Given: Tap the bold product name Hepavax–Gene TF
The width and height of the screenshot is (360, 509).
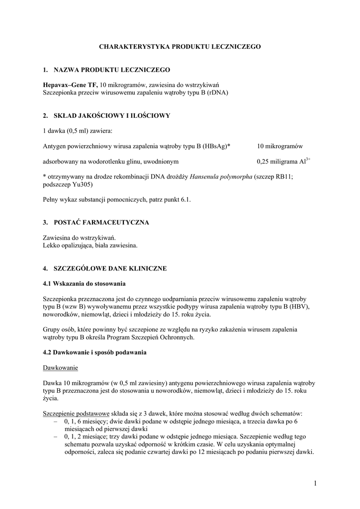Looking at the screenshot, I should tap(70, 85).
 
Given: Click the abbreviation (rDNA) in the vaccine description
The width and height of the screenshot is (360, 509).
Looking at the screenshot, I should tap(218, 92).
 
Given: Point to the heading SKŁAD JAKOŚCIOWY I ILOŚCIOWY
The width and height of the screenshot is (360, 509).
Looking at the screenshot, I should tap(112, 115).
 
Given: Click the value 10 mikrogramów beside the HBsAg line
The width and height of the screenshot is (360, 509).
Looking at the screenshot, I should tap(280, 146).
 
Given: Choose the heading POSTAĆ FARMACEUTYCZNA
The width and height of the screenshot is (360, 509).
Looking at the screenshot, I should tap(101, 222).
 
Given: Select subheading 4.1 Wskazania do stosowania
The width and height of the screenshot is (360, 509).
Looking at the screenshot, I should tap(84, 283).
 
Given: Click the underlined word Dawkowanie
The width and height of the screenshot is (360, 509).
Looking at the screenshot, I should tap(60, 368).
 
